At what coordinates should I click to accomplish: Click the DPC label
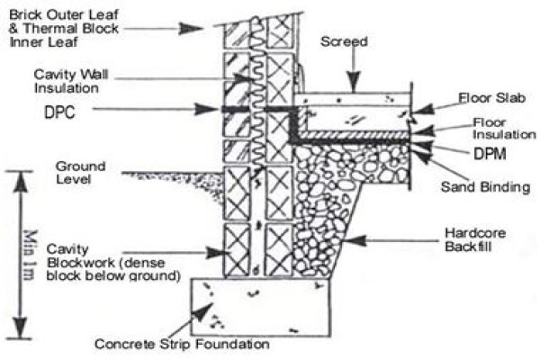click(59, 112)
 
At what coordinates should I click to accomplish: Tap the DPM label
click(490, 154)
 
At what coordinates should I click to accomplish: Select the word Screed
click(344, 41)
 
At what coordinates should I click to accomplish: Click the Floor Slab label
click(491, 98)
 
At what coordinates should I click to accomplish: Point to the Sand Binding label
click(485, 187)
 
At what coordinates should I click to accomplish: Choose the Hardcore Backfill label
click(475, 239)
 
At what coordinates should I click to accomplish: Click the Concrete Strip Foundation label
click(182, 344)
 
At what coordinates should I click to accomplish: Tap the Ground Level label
click(81, 173)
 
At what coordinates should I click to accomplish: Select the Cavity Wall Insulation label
click(71, 81)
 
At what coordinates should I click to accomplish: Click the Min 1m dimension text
click(30, 255)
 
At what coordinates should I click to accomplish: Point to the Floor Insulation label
click(504, 128)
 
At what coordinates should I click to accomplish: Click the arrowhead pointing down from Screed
click(354, 82)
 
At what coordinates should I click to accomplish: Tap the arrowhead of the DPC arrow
click(206, 110)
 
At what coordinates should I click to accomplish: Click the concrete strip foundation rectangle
click(261, 307)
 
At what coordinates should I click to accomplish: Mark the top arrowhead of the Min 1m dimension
click(21, 182)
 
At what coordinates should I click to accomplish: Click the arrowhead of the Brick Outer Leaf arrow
click(191, 29)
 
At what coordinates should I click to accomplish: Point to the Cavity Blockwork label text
click(113, 262)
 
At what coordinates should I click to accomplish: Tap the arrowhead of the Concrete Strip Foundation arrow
click(203, 311)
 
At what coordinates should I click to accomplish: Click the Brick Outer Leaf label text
click(64, 28)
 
